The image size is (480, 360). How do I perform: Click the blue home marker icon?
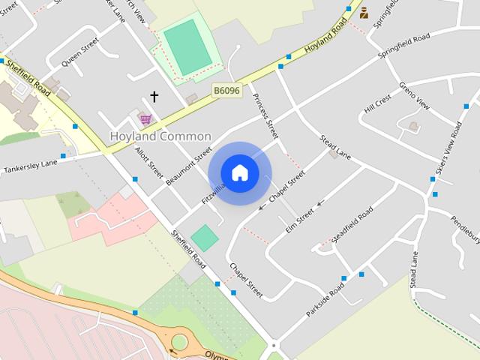(239, 172)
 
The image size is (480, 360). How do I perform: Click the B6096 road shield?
(226, 89)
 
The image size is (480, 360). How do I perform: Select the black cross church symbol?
(154, 97)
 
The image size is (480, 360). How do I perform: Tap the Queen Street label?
(80, 53)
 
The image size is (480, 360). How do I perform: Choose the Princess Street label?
(265, 117)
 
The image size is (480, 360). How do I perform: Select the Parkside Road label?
(325, 298)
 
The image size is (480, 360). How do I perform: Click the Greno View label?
(413, 97)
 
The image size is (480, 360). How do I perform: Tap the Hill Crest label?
(378, 104)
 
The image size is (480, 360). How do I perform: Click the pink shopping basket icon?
(145, 118)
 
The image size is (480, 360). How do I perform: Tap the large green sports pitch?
(187, 46)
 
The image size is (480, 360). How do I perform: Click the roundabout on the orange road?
(179, 343)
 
